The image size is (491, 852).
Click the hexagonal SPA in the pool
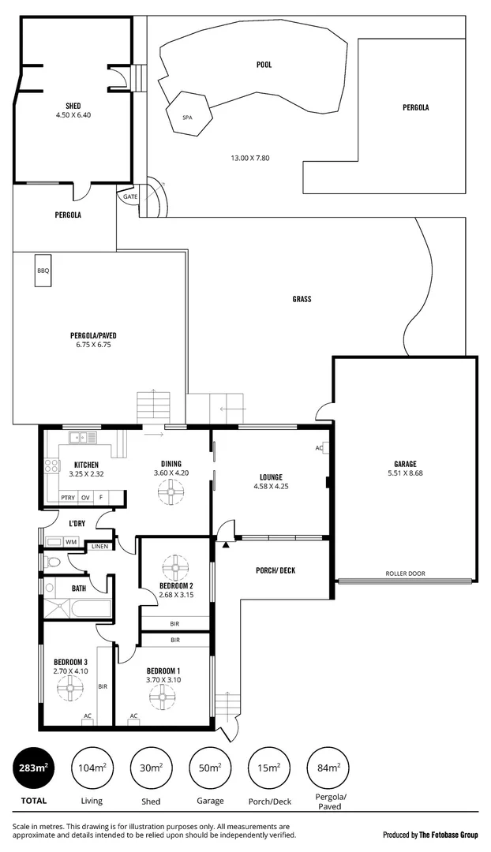coord(188,118)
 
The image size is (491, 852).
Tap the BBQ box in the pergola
coord(43,271)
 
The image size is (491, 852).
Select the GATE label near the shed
coord(129,196)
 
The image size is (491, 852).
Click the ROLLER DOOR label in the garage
coord(404,574)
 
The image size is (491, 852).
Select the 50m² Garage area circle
coord(209,768)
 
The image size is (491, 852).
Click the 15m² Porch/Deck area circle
coord(268,768)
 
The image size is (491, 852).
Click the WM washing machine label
coord(70,542)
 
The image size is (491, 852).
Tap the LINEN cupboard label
coord(99,546)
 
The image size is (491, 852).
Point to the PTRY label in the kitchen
coord(68,498)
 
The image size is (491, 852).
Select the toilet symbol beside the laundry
coord(51,562)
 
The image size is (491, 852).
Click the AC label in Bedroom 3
coord(87,716)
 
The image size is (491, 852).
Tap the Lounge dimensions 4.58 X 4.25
coord(271,487)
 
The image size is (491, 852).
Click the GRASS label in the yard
coord(302,299)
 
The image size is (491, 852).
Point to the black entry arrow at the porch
coord(226,544)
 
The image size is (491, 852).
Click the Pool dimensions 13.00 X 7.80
coord(250,158)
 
